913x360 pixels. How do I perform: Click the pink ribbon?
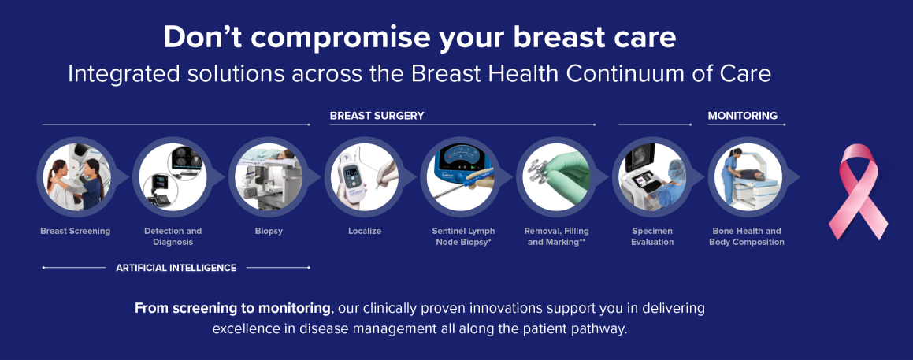point(859,192)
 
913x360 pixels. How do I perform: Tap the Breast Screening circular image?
point(75,176)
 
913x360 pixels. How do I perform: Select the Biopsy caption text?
point(269,232)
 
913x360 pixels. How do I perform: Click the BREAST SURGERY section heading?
point(377,115)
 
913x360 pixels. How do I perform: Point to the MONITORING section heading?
point(742,115)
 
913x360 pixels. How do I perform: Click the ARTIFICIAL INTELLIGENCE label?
point(176,268)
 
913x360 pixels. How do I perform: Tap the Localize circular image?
point(364,176)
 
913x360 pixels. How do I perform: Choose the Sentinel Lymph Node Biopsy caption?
point(463,236)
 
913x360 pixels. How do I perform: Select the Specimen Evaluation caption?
point(652,236)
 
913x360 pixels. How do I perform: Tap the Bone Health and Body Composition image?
point(748,176)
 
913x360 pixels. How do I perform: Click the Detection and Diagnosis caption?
point(173,236)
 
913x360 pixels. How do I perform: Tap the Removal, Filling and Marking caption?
point(556,236)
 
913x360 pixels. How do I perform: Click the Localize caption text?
point(365,232)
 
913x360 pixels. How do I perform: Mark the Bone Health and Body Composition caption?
point(747,236)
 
